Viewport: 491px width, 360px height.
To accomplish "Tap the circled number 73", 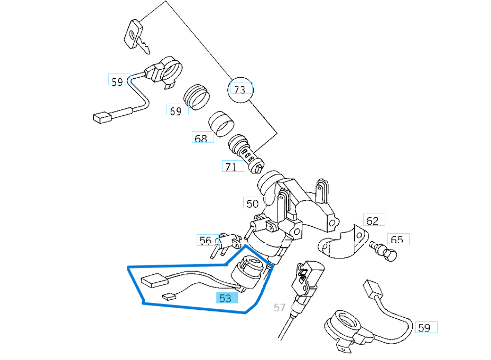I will point(240,90).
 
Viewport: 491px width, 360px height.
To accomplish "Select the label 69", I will point(176,110).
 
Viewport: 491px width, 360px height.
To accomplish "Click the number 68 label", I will point(201,139).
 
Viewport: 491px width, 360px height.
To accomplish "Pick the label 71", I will point(231,167).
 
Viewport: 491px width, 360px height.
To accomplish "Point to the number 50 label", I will point(252,203).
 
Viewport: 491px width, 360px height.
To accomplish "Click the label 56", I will point(206,241).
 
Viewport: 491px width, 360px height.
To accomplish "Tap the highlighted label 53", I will point(226,298).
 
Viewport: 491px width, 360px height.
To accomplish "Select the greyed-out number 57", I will point(280,307).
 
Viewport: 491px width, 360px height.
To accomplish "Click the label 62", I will point(373,220).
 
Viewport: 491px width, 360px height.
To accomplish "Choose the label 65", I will point(397,240).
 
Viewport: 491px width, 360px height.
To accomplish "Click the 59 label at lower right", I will point(425,328).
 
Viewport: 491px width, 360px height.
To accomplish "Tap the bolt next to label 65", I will point(385,251).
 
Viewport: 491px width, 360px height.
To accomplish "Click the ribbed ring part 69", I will point(196,96).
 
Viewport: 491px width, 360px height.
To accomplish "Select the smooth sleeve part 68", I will point(221,124).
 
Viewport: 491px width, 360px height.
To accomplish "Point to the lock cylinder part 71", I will point(245,153).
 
